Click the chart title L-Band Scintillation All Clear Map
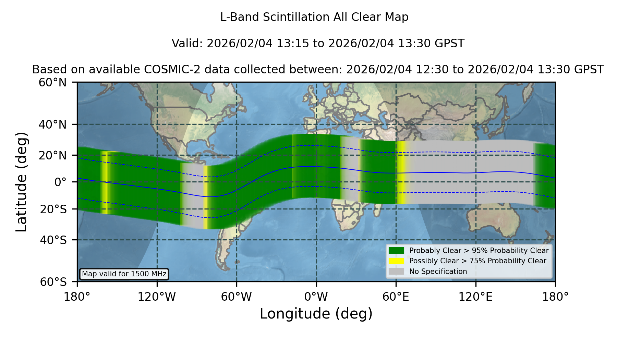[314, 17]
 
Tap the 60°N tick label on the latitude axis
[53, 83]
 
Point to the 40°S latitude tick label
[53, 240]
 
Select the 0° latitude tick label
[60, 182]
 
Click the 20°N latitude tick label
[53, 155]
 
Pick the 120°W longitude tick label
[157, 297]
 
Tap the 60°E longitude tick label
[396, 297]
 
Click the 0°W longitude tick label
[316, 297]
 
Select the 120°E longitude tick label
[476, 297]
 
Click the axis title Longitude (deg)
[316, 314]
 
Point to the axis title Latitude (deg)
[21, 182]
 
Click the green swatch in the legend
[397, 251]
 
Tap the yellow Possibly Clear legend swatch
[397, 261]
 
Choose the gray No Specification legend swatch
[397, 272]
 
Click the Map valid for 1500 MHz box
[124, 274]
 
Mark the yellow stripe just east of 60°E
[401, 172]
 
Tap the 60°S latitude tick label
[53, 282]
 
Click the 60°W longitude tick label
[237, 297]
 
